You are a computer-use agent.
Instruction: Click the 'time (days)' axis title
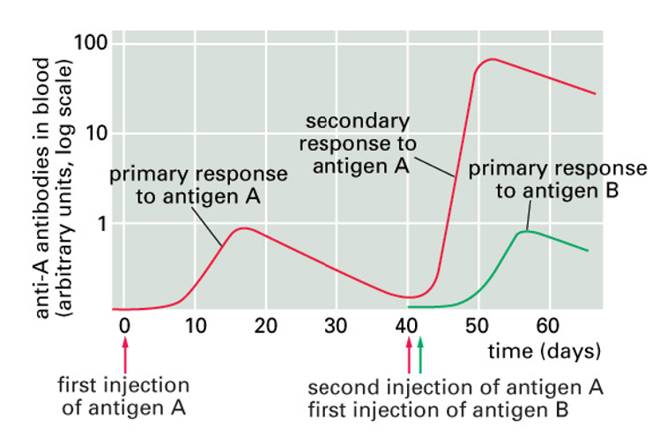(545, 350)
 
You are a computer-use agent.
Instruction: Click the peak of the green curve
(525, 231)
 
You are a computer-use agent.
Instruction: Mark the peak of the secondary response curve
(492, 59)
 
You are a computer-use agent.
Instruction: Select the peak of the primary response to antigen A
(243, 228)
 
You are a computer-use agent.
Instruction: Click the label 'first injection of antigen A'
(122, 396)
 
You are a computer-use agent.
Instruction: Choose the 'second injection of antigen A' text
(456, 388)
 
